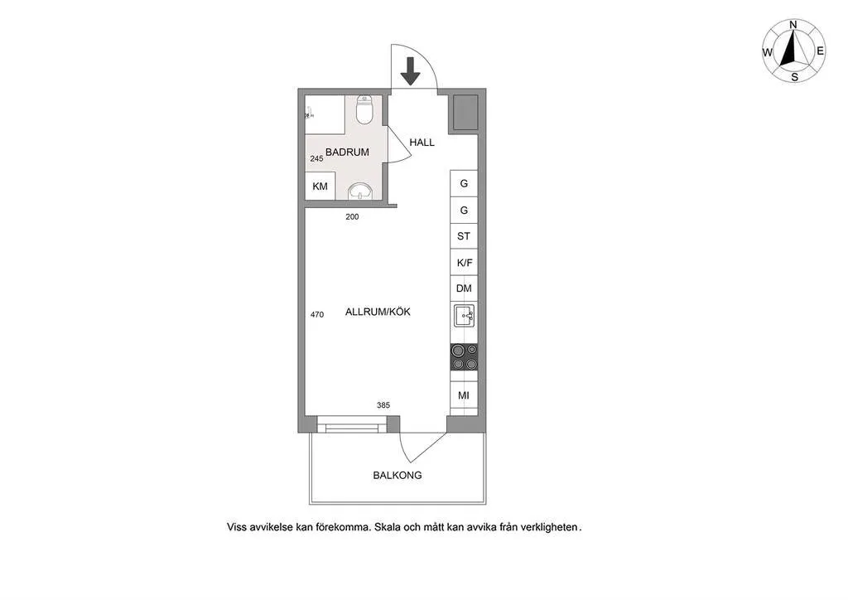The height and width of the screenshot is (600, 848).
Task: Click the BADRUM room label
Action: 347,152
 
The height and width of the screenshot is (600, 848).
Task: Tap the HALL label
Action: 422,143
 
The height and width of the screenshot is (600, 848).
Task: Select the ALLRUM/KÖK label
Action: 378,312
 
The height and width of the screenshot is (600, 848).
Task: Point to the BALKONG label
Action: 397,475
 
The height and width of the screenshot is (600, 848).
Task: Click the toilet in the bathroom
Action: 364,110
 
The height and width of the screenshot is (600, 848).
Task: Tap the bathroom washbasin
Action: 359,191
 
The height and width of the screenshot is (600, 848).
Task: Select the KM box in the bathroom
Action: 320,186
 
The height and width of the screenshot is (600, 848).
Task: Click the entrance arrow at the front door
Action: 411,71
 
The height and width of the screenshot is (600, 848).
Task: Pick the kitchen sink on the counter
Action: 464,316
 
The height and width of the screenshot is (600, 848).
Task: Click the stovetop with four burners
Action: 464,357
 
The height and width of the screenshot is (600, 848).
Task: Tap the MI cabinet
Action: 464,395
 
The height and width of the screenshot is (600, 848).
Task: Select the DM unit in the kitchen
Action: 464,288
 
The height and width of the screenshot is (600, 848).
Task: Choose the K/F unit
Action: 464,263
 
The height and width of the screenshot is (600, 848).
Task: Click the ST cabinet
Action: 464,236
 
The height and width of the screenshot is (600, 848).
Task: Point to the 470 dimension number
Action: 317,314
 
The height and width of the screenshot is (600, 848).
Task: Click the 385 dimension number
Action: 383,404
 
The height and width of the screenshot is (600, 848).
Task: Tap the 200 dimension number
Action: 352,216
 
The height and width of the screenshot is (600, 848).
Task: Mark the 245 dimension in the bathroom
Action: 317,158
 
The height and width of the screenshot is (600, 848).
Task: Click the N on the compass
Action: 793,24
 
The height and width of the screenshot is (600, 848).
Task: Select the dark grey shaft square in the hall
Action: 465,112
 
